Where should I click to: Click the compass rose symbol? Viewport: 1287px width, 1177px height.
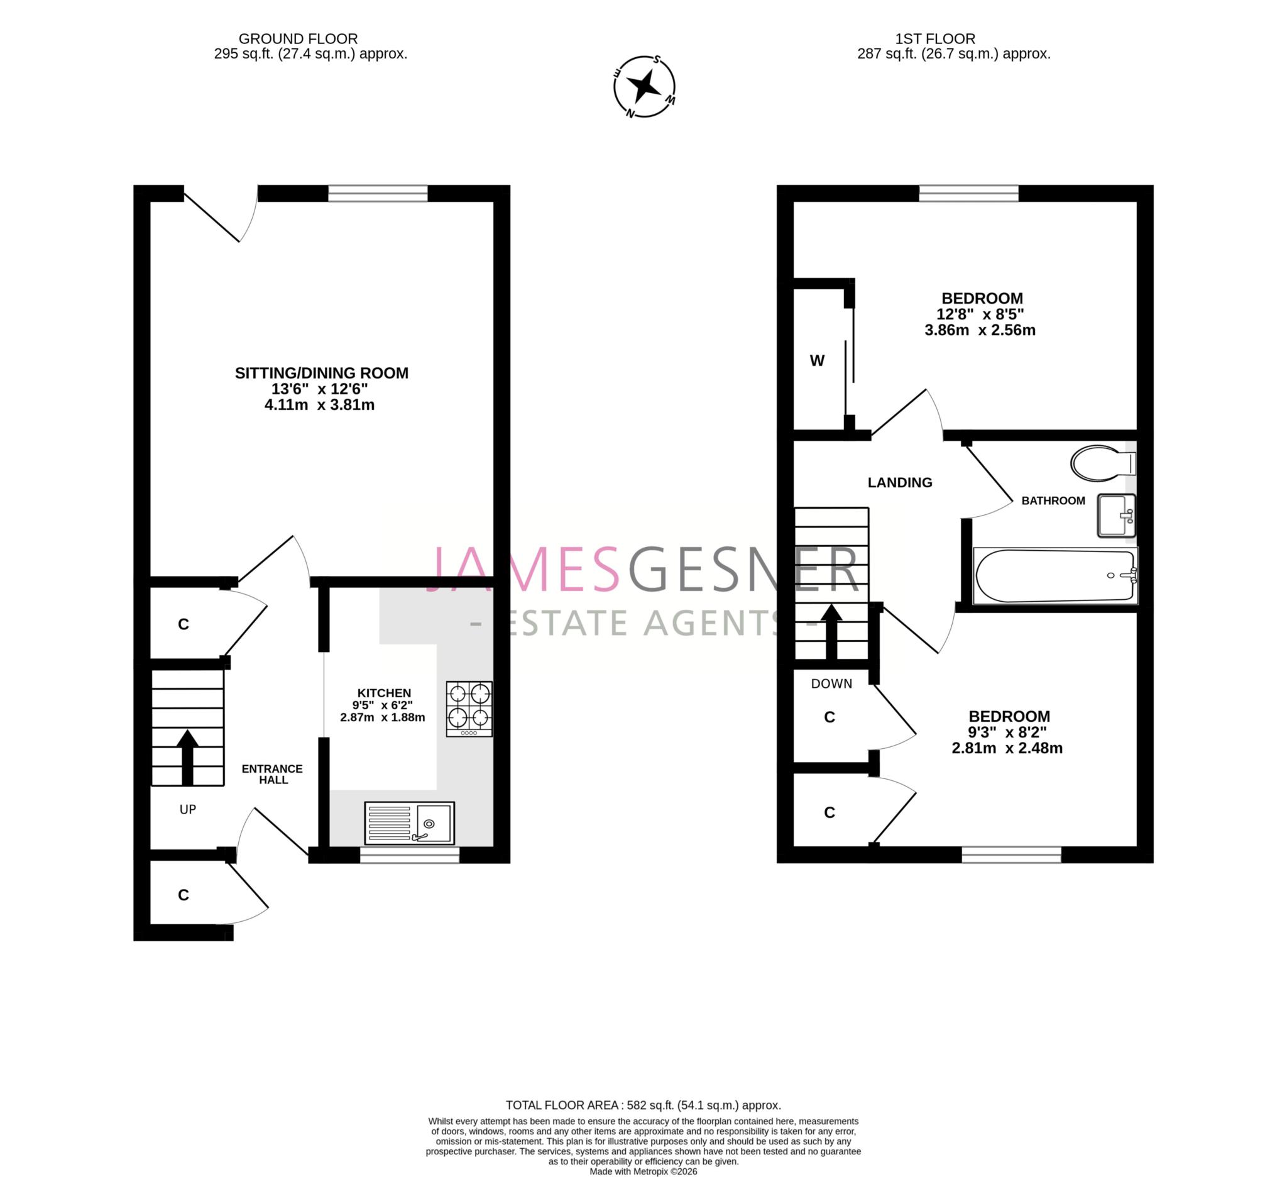(x=644, y=86)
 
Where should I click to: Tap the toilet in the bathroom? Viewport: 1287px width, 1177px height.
(x=1102, y=463)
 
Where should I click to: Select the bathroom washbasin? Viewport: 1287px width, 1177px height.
(x=1116, y=516)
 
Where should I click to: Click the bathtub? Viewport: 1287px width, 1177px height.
(x=1054, y=575)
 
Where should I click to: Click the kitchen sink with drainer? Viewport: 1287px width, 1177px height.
(x=409, y=823)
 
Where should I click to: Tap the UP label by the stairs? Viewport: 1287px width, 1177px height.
(x=188, y=810)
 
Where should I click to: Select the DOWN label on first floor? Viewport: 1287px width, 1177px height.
(x=831, y=684)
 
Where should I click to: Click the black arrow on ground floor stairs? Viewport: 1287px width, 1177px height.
(x=187, y=758)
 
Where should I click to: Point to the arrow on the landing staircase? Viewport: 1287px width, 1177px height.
(x=831, y=632)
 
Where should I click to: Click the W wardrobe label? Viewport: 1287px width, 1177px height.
(x=817, y=361)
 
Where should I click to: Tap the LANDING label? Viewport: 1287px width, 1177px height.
(x=899, y=483)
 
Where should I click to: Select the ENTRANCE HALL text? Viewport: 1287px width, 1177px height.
(x=273, y=774)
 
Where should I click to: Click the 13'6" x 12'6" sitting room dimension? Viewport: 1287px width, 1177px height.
(x=320, y=389)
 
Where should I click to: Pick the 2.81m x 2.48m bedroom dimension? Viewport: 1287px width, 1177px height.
(x=1007, y=748)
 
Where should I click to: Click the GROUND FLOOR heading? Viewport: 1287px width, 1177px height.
(x=298, y=39)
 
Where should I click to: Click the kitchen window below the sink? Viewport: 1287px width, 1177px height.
(x=409, y=856)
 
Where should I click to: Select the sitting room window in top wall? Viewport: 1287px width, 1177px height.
(x=378, y=194)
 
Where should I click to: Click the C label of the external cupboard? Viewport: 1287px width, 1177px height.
(x=184, y=895)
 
